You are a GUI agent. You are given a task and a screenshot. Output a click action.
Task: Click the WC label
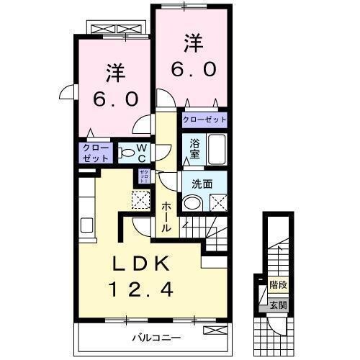[142, 153]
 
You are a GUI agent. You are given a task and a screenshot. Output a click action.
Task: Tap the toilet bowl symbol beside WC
[125, 153]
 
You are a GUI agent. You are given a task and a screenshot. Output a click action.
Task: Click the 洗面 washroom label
[202, 184]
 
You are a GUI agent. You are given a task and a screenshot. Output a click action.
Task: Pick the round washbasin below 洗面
[191, 204]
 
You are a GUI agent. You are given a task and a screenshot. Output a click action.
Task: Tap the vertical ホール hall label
[166, 215]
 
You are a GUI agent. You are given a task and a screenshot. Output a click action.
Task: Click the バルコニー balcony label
[155, 336]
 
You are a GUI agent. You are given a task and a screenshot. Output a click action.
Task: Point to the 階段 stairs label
[279, 285]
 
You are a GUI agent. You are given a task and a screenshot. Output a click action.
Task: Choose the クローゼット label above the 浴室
[204, 120]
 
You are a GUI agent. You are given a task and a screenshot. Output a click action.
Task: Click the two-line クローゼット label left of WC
[96, 153]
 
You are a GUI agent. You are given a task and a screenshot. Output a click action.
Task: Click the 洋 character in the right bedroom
[192, 43]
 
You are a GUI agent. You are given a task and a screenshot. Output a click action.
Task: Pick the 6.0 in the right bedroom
[192, 71]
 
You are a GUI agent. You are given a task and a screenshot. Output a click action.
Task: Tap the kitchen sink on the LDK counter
[87, 224]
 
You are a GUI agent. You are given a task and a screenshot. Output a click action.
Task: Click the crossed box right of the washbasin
[219, 204]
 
